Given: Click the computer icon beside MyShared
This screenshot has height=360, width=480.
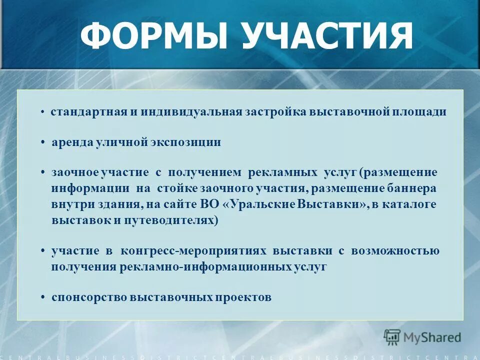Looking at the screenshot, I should [x=392, y=337].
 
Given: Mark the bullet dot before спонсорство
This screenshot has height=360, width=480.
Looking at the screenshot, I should [x=43, y=298].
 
